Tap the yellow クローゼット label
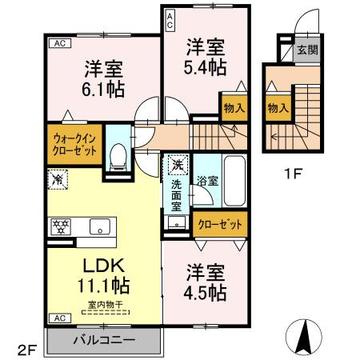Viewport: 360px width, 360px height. pos(219,225)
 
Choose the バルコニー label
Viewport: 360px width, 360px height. pos(104,340)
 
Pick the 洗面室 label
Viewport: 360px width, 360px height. pos(176,195)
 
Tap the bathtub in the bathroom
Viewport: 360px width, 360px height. pos(233,181)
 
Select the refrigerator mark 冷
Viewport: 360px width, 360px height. pos(56,181)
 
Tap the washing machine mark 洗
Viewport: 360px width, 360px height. pos(175,166)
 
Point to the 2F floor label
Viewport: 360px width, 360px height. pos(26,349)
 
